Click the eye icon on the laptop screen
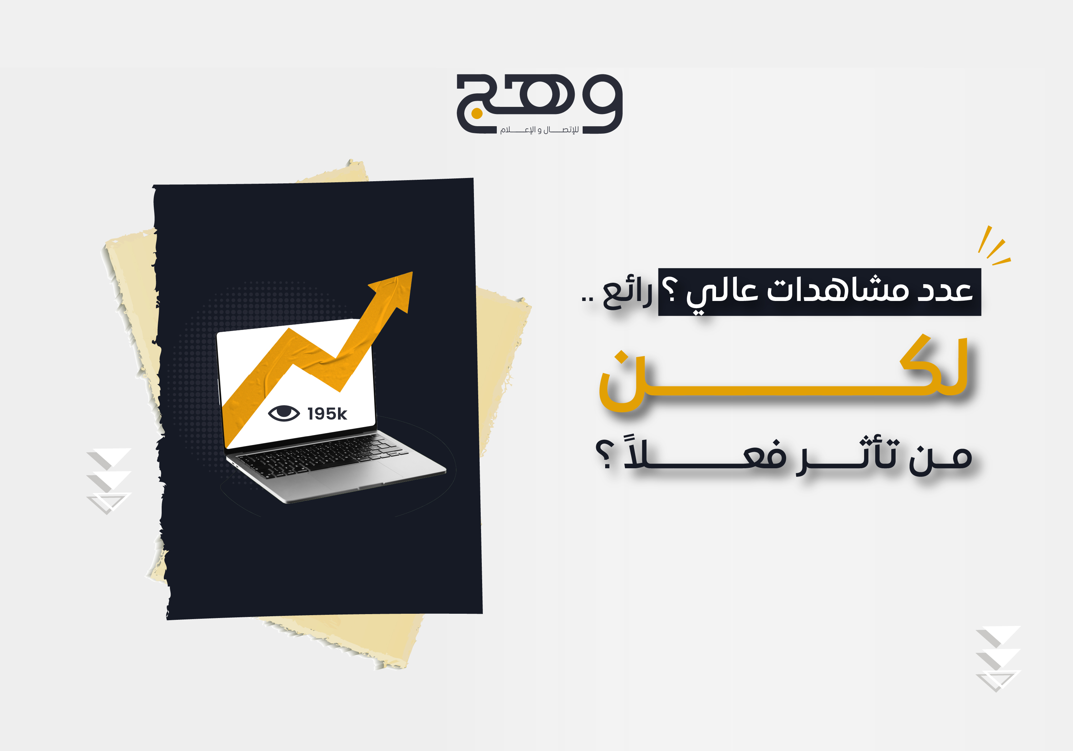pos(284,413)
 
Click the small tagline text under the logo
pos(539,129)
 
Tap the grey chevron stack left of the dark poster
pos(109,481)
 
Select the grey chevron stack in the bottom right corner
pos(998,658)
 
